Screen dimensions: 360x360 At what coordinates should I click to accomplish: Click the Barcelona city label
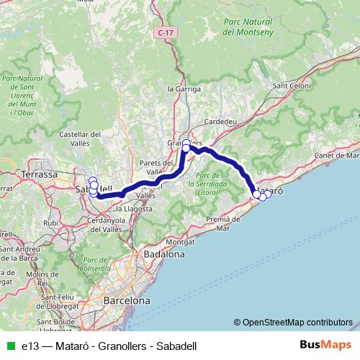[x=127, y=300]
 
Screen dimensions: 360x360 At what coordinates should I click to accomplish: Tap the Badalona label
[x=164, y=254]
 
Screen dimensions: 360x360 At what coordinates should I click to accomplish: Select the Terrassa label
[x=40, y=174]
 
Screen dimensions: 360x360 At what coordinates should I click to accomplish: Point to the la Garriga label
[x=181, y=89]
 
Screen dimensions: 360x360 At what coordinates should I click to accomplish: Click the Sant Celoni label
[x=290, y=86]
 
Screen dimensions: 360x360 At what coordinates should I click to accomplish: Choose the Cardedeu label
[x=221, y=122]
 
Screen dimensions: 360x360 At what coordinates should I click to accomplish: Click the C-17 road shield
[x=166, y=33]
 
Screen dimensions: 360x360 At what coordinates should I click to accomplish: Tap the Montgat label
[x=180, y=243]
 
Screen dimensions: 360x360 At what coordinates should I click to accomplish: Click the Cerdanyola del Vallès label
[x=102, y=224]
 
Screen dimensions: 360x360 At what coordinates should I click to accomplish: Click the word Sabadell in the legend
[x=172, y=346]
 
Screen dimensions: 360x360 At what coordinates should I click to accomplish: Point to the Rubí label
[x=51, y=223]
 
